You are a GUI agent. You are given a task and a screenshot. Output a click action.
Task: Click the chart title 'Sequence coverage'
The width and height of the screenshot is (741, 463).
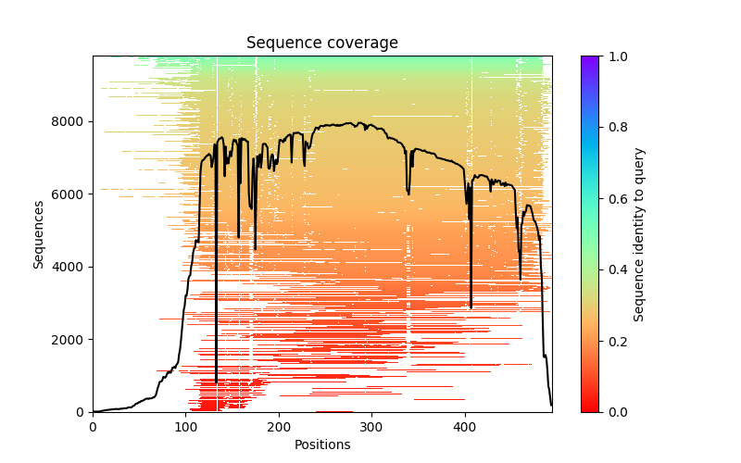pos(322,44)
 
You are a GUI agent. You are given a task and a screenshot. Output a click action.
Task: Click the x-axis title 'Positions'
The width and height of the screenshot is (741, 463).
pos(322,444)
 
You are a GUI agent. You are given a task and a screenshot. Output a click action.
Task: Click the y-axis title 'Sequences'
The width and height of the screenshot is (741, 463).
pos(39,233)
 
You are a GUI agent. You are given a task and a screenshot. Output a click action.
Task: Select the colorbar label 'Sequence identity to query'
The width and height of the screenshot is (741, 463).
pos(639,234)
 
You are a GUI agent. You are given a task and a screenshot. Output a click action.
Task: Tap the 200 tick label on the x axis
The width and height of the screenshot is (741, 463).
pos(279,426)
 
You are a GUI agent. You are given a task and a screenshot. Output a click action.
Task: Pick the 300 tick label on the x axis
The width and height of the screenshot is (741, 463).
pos(371,426)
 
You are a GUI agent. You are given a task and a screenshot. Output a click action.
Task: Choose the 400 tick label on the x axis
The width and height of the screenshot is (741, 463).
pos(465,426)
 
